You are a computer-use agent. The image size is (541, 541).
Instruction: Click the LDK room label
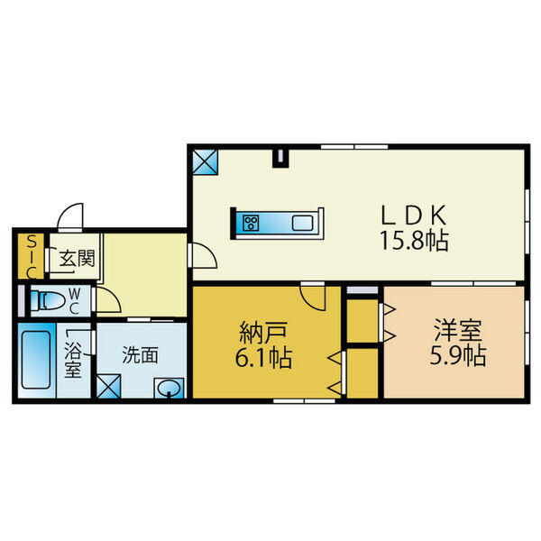tap(415, 215)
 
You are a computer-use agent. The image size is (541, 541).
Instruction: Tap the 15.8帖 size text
tap(415, 241)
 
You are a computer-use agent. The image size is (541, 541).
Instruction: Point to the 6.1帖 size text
tap(264, 358)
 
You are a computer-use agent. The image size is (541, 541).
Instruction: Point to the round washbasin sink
tap(169, 390)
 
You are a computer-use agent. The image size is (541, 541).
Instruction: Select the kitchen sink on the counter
tap(301, 223)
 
